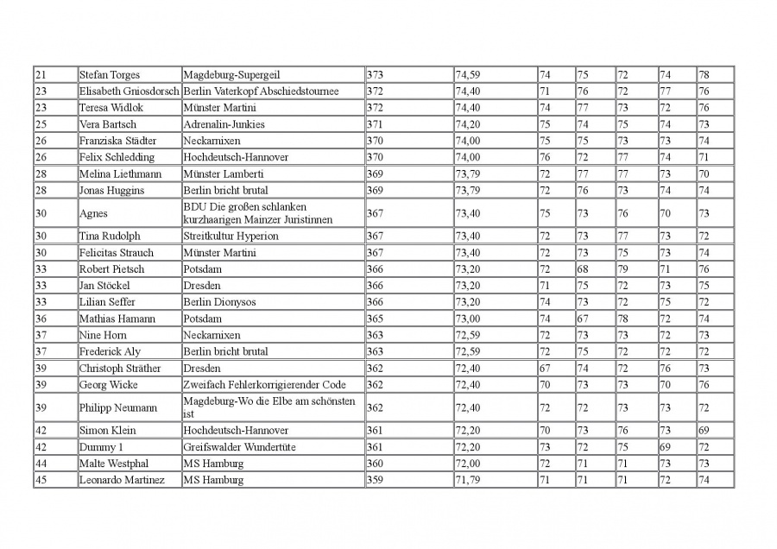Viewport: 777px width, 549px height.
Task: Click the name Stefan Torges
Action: point(110,75)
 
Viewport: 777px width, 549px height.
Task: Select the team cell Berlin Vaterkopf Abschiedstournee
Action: point(261,91)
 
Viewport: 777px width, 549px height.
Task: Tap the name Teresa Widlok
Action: point(111,108)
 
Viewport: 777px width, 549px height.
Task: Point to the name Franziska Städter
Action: point(118,141)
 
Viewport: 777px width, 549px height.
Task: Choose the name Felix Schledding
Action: point(117,157)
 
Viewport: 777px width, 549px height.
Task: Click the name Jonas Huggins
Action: point(112,190)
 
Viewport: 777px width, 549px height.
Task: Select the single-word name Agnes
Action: point(93,213)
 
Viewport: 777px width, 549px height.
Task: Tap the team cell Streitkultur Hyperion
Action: point(231,236)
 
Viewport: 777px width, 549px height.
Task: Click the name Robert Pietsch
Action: point(112,268)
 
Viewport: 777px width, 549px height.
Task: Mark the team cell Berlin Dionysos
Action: point(219,302)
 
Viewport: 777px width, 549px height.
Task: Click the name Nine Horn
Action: point(103,335)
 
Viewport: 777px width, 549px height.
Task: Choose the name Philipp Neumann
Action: point(118,407)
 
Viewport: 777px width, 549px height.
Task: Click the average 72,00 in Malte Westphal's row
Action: point(468,464)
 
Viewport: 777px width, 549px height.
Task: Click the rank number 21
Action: point(41,75)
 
